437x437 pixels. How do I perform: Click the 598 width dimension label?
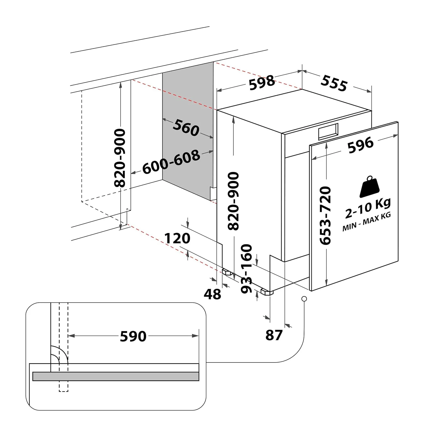pos(262,82)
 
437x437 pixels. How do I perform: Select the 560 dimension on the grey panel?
pos(186,128)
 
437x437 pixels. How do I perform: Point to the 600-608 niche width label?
pos(171,162)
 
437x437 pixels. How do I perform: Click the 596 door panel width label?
pos(360,145)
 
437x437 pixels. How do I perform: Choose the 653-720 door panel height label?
pos(325,215)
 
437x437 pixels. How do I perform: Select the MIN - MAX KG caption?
pos(367,222)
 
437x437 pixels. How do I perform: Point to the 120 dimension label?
pos(177,238)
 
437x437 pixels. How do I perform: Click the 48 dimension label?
pos(212,294)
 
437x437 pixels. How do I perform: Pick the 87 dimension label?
pos(274,335)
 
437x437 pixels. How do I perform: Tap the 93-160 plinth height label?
pos(246,269)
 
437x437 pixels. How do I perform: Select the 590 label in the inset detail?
pos(133,336)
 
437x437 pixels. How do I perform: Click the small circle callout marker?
pos(304,299)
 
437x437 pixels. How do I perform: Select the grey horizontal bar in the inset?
pos(116,376)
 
